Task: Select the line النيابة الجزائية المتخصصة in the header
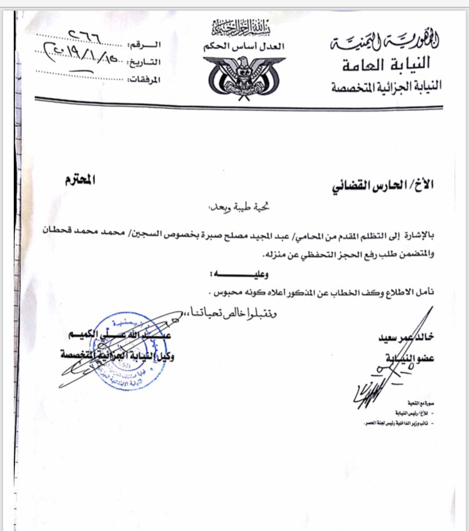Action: (x=386, y=86)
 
